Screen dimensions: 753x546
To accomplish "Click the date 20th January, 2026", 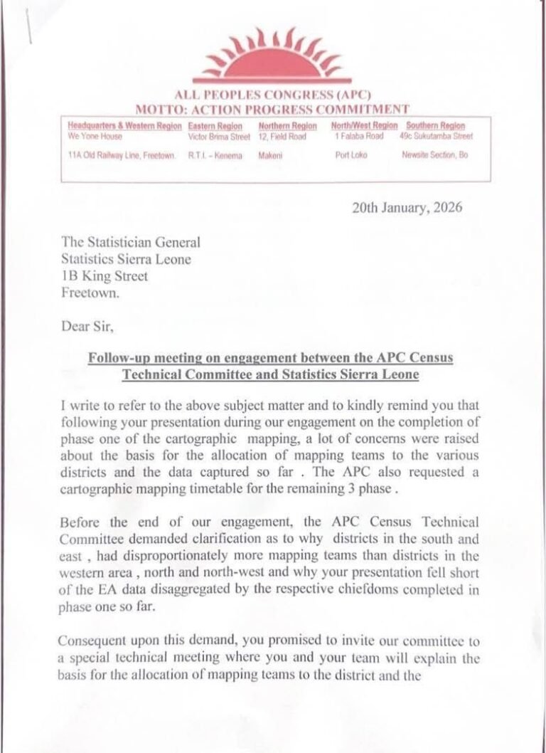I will point(407,208).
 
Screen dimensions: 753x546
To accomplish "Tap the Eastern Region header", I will point(216,125).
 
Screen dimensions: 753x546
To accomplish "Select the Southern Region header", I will point(434,125).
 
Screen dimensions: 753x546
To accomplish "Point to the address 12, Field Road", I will point(282,136).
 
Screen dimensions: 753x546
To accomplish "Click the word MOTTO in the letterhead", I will point(158,109).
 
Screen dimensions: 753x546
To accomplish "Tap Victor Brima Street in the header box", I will point(219,136).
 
